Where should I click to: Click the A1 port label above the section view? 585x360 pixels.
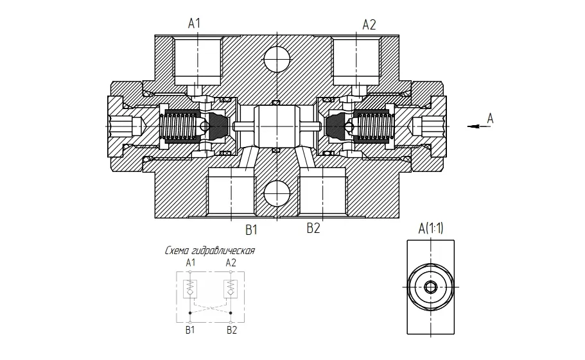194,24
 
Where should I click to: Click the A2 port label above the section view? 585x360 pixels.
369,25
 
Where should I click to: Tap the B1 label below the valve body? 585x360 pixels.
252,230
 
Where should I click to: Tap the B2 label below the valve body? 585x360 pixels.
313,228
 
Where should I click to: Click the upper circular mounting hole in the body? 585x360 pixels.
277,59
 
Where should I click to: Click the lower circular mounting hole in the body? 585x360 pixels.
277,193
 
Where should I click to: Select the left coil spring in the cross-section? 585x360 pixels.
180,126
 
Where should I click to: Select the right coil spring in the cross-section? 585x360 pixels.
374,126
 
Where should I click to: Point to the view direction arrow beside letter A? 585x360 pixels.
479,126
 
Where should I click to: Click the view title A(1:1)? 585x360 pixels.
431,228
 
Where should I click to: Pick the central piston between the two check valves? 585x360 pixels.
277,126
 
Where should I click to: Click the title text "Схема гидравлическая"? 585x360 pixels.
210,251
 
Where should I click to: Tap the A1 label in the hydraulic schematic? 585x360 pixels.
191,262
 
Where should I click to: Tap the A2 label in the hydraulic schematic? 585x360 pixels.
231,262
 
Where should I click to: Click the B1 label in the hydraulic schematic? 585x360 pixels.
190,330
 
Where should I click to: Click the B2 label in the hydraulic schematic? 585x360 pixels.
232,330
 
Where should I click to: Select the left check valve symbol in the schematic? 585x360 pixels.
190,288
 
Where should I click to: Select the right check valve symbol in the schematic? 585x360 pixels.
231,288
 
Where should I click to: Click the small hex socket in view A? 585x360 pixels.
430,287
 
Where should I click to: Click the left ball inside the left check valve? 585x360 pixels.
204,126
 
